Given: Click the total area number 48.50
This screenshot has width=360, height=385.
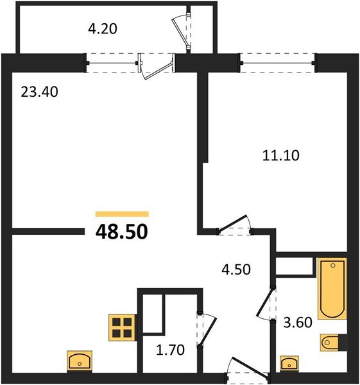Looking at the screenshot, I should click(x=121, y=231).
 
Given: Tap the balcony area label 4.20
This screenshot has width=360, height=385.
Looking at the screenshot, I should click(x=103, y=28).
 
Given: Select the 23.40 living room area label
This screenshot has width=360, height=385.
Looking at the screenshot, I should click(x=40, y=92).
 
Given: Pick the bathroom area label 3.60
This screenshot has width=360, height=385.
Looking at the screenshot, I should click(x=298, y=323).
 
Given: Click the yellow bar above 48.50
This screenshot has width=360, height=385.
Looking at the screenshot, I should click(x=122, y=214).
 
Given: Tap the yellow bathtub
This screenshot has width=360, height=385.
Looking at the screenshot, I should click(x=332, y=288).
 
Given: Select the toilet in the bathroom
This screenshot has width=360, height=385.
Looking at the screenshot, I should click(x=333, y=343).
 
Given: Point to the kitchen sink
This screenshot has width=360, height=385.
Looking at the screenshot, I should click(x=80, y=361).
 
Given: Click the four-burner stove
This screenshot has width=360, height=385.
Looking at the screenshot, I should click(x=121, y=327).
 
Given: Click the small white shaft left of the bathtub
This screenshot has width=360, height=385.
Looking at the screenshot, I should click(x=295, y=266).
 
